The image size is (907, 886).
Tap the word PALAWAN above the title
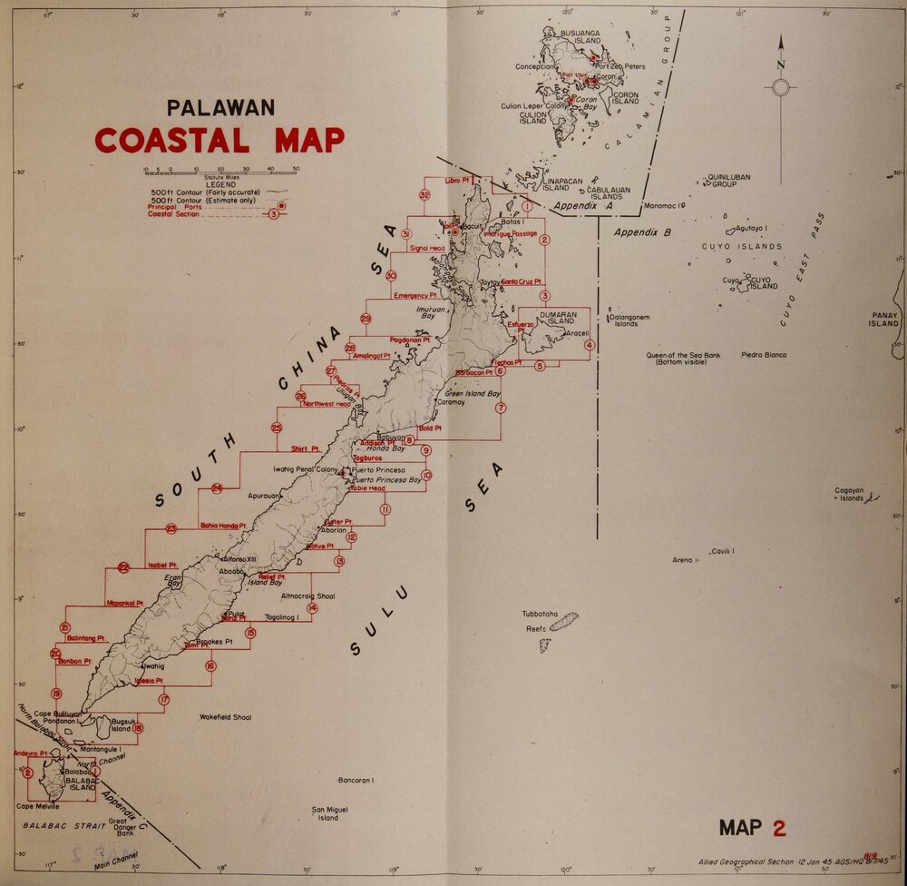click(x=220, y=108)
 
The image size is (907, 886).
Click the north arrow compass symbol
click(x=780, y=87)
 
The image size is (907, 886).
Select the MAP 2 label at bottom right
click(x=752, y=827)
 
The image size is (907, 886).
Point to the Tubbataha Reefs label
click(x=544, y=620)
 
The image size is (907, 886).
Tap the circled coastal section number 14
click(x=312, y=608)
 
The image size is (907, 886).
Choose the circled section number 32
click(x=424, y=195)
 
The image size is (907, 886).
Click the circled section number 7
click(x=501, y=409)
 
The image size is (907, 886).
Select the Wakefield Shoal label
click(x=225, y=717)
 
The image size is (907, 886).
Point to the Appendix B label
click(x=641, y=232)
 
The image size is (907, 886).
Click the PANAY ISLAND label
click(x=883, y=320)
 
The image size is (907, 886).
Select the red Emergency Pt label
click(x=415, y=296)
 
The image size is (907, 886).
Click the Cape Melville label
click(x=38, y=806)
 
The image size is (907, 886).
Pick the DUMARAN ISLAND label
click(x=558, y=318)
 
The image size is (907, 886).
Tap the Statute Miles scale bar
click(x=220, y=170)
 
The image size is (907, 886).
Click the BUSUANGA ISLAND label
click(x=580, y=36)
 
